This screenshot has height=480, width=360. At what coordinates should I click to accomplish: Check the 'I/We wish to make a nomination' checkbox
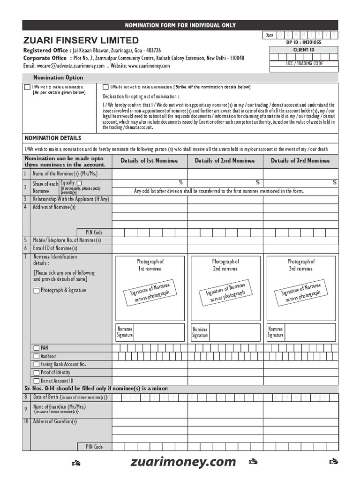(27, 87)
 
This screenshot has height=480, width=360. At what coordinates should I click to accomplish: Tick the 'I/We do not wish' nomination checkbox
(105, 87)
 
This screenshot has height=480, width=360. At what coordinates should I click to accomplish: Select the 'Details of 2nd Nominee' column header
(225, 161)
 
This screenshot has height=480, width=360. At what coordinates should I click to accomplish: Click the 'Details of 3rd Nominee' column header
(300, 161)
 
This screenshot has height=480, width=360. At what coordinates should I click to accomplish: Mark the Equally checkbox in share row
(79, 183)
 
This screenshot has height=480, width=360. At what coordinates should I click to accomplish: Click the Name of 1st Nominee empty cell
(150, 174)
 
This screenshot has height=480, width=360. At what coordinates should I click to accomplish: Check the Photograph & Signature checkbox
(37, 291)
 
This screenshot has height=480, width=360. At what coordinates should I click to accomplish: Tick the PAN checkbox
(37, 348)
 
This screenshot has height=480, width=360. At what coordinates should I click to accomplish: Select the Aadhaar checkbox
(37, 356)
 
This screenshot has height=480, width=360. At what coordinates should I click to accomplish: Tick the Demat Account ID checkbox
(37, 381)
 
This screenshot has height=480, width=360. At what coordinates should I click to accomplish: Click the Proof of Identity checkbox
(37, 373)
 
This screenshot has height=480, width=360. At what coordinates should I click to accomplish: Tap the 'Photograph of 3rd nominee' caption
(301, 265)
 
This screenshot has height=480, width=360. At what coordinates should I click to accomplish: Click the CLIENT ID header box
(304, 50)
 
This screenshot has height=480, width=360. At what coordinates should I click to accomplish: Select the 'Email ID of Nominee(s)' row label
(55, 248)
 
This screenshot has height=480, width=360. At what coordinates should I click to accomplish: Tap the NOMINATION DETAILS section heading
(52, 138)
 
